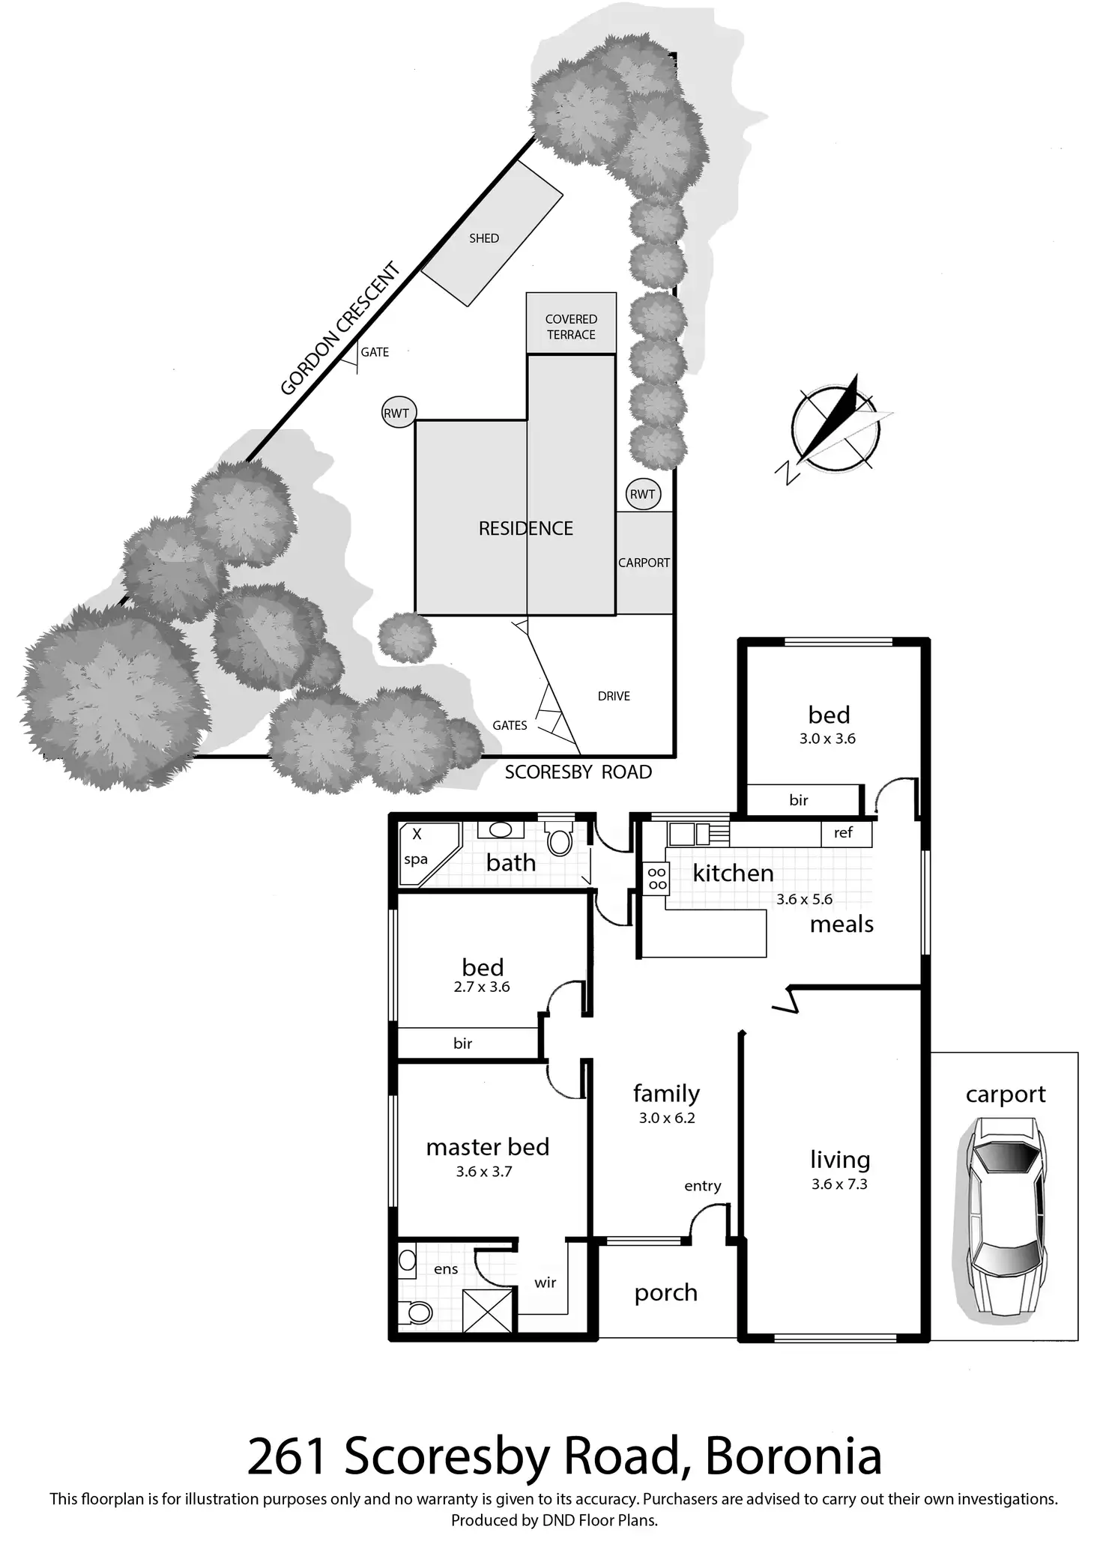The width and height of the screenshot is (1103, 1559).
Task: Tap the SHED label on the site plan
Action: pos(483,238)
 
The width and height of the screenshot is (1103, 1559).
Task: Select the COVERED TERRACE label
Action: pos(571,327)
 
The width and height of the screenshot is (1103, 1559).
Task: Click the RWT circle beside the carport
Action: pos(643,494)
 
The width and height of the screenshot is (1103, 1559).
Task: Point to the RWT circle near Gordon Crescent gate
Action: pos(397,413)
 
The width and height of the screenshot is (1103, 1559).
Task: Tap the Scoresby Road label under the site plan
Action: pos(578,772)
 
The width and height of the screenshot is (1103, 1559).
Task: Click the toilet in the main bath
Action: pos(559,840)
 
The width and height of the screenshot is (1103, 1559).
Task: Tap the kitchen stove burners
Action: pos(657,878)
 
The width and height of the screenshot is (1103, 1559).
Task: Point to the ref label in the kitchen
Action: pos(843,832)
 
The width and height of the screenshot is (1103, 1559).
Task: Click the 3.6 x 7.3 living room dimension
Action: pos(839,1184)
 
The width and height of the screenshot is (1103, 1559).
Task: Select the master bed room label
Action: pos(488,1146)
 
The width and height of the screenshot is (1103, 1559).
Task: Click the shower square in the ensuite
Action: pos(488,1310)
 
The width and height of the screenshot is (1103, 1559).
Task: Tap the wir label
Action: pos(546,1282)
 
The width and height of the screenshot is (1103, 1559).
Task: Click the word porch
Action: pos(666,1292)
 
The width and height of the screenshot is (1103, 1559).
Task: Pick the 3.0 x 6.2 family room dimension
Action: pos(667,1118)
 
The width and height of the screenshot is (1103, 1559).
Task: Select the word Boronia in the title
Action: pos(793,1457)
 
